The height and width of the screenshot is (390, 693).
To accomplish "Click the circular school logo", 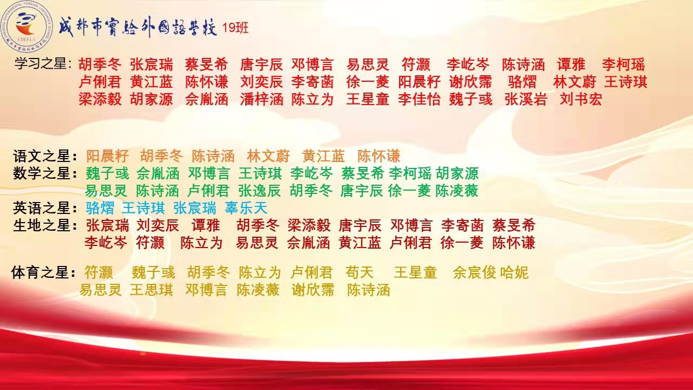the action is pos(27,27).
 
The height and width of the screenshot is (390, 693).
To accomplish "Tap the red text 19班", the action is pos(235,28).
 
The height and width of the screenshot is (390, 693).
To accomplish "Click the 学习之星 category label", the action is pos(43,64).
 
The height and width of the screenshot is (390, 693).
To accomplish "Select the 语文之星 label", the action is pos(45,155).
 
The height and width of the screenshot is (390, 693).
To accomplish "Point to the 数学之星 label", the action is pos(45,173).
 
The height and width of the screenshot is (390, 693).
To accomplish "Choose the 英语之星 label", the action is pos(45,207).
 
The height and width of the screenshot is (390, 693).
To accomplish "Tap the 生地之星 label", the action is pos(45,225).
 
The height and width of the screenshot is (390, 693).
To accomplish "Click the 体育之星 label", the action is pos(44,272).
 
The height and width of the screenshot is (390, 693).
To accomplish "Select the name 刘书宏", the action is pos(581,99).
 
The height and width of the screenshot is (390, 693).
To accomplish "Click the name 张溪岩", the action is pos(526,99).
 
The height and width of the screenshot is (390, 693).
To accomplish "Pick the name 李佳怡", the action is pos(419,99).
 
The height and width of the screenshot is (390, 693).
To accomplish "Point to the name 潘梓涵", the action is pos(261,99).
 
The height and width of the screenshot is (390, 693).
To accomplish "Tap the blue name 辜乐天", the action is pos(246,207).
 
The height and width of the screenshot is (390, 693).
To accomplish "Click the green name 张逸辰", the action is pos(259,190).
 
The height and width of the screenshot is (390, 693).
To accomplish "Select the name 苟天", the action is pos(359,272).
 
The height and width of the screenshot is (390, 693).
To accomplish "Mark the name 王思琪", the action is pos(151,290).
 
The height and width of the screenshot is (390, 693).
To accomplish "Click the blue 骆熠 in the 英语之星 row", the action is pos(100,207).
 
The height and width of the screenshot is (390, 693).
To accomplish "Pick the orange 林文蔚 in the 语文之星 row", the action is pos(268,155).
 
